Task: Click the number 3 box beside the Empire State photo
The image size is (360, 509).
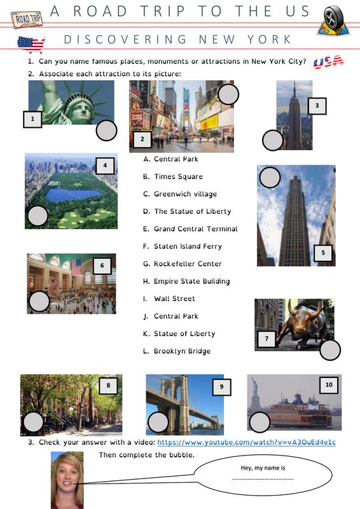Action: (x=317, y=106)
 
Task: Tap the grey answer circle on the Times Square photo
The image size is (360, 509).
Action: (x=228, y=94)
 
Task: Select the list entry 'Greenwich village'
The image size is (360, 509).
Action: (x=180, y=194)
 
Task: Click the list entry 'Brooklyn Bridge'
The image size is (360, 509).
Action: (x=177, y=351)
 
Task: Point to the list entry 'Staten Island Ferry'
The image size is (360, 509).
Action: (x=183, y=246)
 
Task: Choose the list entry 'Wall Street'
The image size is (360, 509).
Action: (x=169, y=298)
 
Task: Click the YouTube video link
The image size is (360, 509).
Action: (x=246, y=442)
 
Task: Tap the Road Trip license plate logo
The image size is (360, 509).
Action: (x=27, y=20)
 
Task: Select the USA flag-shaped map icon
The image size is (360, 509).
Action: (x=31, y=44)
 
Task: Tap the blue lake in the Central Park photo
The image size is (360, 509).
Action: (x=73, y=195)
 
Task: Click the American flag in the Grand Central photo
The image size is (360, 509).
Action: (x=76, y=267)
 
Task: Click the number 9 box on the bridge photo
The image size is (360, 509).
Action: (x=222, y=387)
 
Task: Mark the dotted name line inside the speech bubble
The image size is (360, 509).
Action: (x=263, y=479)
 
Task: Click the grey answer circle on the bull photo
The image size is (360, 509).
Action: (x=330, y=351)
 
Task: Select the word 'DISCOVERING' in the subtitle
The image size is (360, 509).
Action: (x=125, y=39)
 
